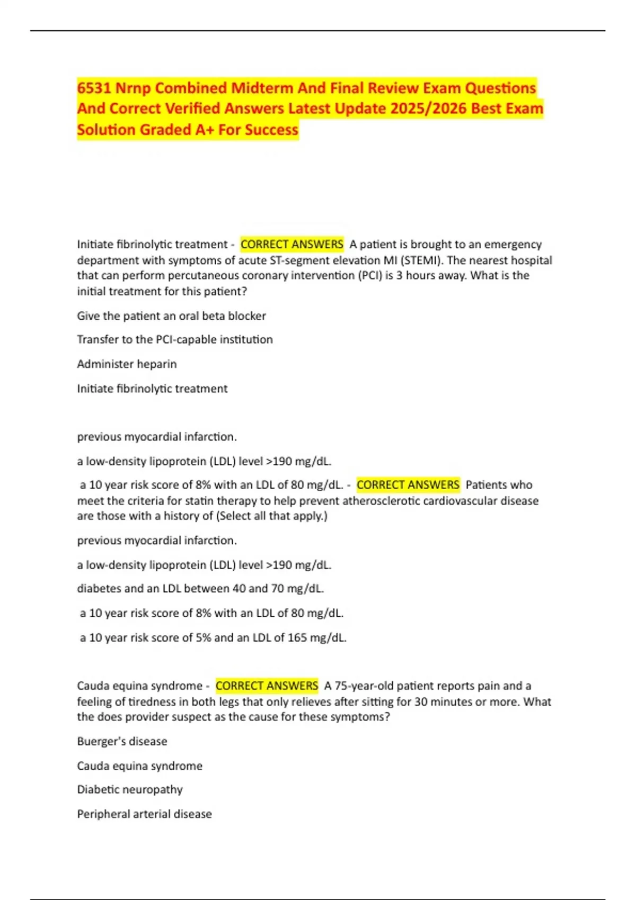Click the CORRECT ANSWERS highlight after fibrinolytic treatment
click(x=291, y=245)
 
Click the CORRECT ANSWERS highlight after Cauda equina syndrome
click(x=267, y=686)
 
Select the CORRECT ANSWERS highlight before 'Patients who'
click(x=408, y=485)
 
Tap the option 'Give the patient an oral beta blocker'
click(x=171, y=316)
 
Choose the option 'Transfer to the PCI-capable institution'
click(x=175, y=339)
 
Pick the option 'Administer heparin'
click(x=127, y=364)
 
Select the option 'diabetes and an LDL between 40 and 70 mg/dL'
click(x=200, y=589)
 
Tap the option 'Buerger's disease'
click(x=122, y=742)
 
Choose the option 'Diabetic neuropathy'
click(x=130, y=790)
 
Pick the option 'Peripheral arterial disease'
click(x=144, y=814)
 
